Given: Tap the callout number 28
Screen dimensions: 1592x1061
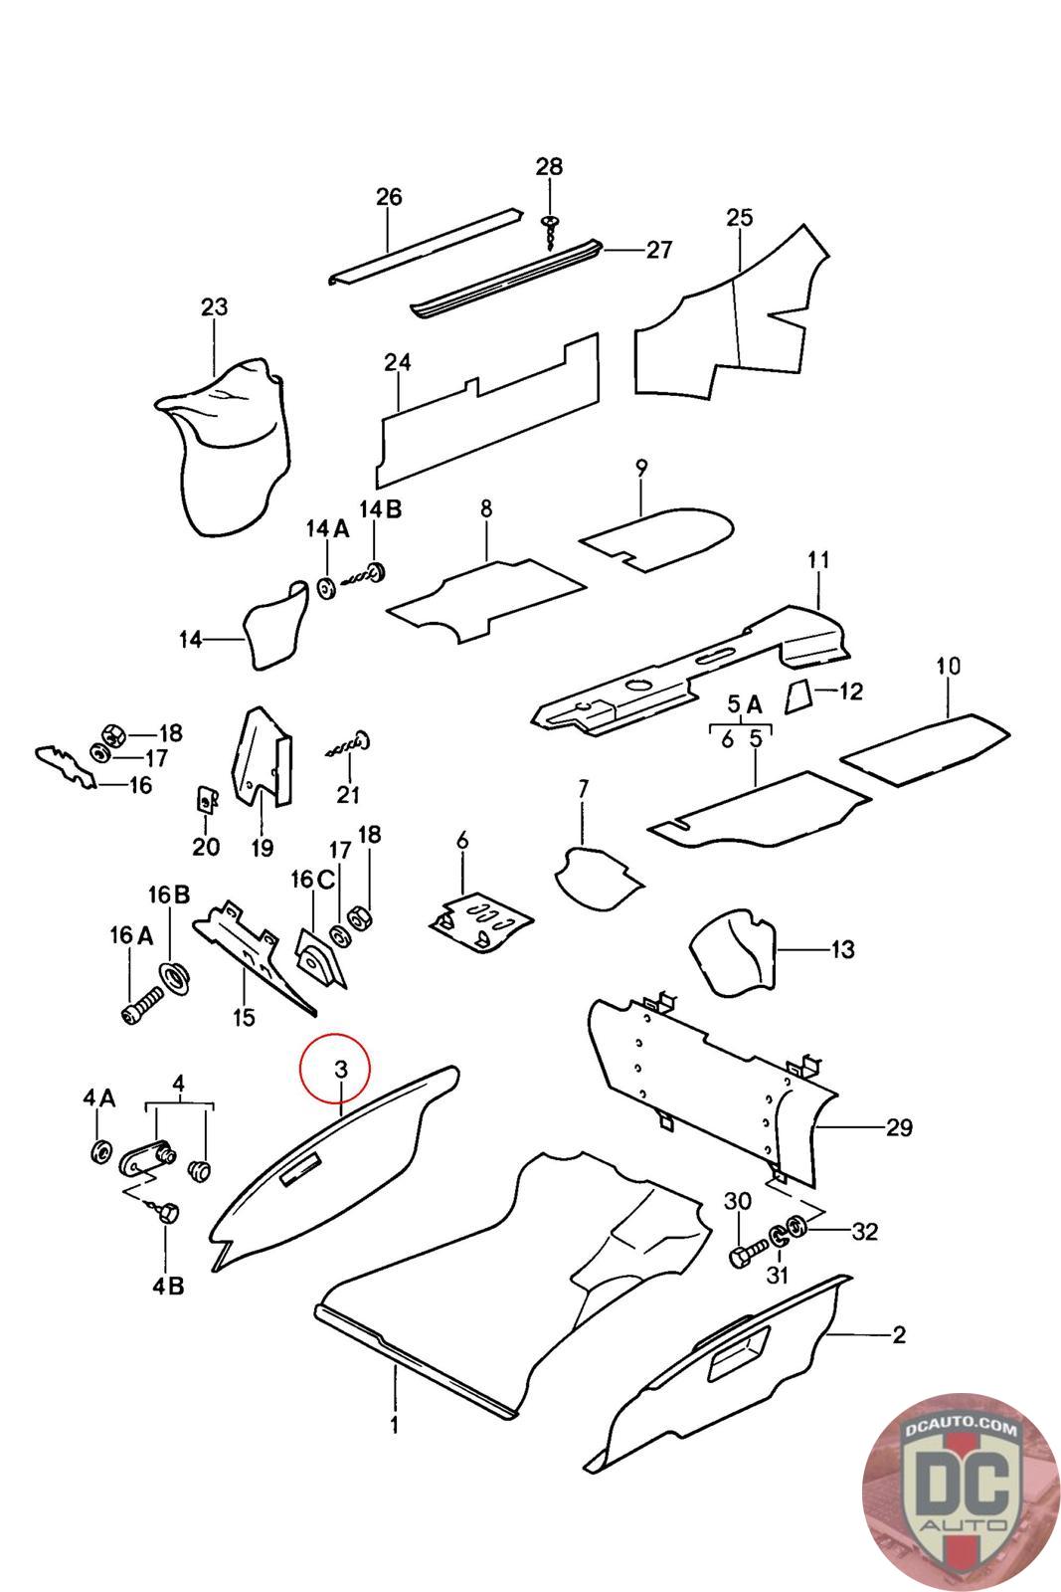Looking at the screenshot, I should tap(549, 167).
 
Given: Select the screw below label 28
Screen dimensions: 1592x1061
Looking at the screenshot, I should tap(549, 231).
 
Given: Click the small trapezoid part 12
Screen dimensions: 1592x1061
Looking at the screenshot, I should tap(797, 697).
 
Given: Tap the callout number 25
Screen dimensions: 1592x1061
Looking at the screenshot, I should tap(740, 218).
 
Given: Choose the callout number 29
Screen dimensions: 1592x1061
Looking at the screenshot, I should tap(900, 1127).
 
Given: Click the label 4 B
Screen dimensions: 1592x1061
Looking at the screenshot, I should tap(168, 1285).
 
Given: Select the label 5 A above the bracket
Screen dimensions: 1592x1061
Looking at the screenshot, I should tap(745, 705).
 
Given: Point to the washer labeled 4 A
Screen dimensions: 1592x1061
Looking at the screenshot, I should tap(100, 1152).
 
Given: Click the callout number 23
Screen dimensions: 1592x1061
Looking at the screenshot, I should tap(215, 306).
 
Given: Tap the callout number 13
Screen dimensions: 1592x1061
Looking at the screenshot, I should tap(841, 949).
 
